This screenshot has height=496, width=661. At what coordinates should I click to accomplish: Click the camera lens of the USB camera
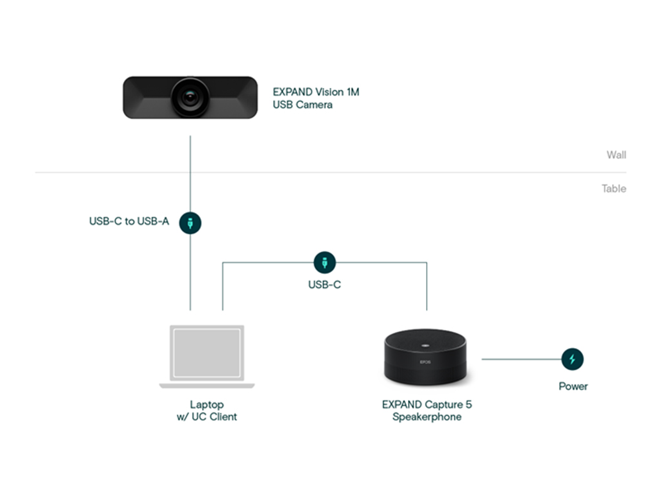coord(190,98)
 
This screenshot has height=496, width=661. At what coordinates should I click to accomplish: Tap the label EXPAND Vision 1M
coord(316,92)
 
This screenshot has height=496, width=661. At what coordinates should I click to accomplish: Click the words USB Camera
coord(302,105)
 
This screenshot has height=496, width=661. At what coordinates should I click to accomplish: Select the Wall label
coord(616,155)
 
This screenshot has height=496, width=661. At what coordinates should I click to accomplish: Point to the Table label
coord(614,189)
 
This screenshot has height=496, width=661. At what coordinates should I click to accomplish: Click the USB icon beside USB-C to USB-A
coord(190,223)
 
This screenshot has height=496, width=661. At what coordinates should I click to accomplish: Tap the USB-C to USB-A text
coord(129,221)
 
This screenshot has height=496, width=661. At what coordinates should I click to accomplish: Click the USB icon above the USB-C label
coord(325,262)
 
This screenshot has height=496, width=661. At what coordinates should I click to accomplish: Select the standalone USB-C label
coord(325,285)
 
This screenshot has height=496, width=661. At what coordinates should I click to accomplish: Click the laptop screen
coord(207,353)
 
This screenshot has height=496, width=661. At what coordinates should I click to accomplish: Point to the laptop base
coord(207,386)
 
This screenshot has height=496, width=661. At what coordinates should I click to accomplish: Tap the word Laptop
coord(207,404)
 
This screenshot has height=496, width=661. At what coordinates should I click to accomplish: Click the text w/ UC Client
coord(207,417)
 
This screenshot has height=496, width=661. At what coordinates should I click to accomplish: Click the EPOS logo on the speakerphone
coord(425,362)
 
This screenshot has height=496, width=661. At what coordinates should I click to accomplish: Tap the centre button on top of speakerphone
coord(425,346)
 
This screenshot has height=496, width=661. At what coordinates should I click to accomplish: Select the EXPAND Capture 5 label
coord(427,404)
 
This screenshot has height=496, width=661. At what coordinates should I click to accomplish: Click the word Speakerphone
coord(427,417)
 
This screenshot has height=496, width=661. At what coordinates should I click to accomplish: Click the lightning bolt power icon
coord(573,359)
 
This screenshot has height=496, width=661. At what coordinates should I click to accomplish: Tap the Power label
coord(573,386)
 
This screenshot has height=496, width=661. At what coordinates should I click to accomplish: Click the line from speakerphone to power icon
coord(522,359)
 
